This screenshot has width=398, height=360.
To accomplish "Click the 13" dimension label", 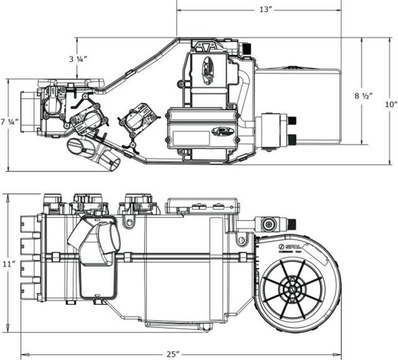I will click(x=265, y=10).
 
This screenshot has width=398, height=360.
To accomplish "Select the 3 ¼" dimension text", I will click(x=78, y=59).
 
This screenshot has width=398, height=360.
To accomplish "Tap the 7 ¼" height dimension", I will click(x=9, y=122).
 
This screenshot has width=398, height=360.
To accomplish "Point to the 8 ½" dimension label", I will click(x=364, y=96).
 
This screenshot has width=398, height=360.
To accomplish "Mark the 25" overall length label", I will click(x=173, y=354).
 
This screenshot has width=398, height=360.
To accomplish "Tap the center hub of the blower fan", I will click(x=291, y=291).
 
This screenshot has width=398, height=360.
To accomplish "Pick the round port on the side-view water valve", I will click(x=268, y=224).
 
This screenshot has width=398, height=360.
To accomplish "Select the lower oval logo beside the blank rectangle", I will click(x=223, y=131).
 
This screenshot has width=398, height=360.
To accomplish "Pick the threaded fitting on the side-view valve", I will click(x=292, y=224).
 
